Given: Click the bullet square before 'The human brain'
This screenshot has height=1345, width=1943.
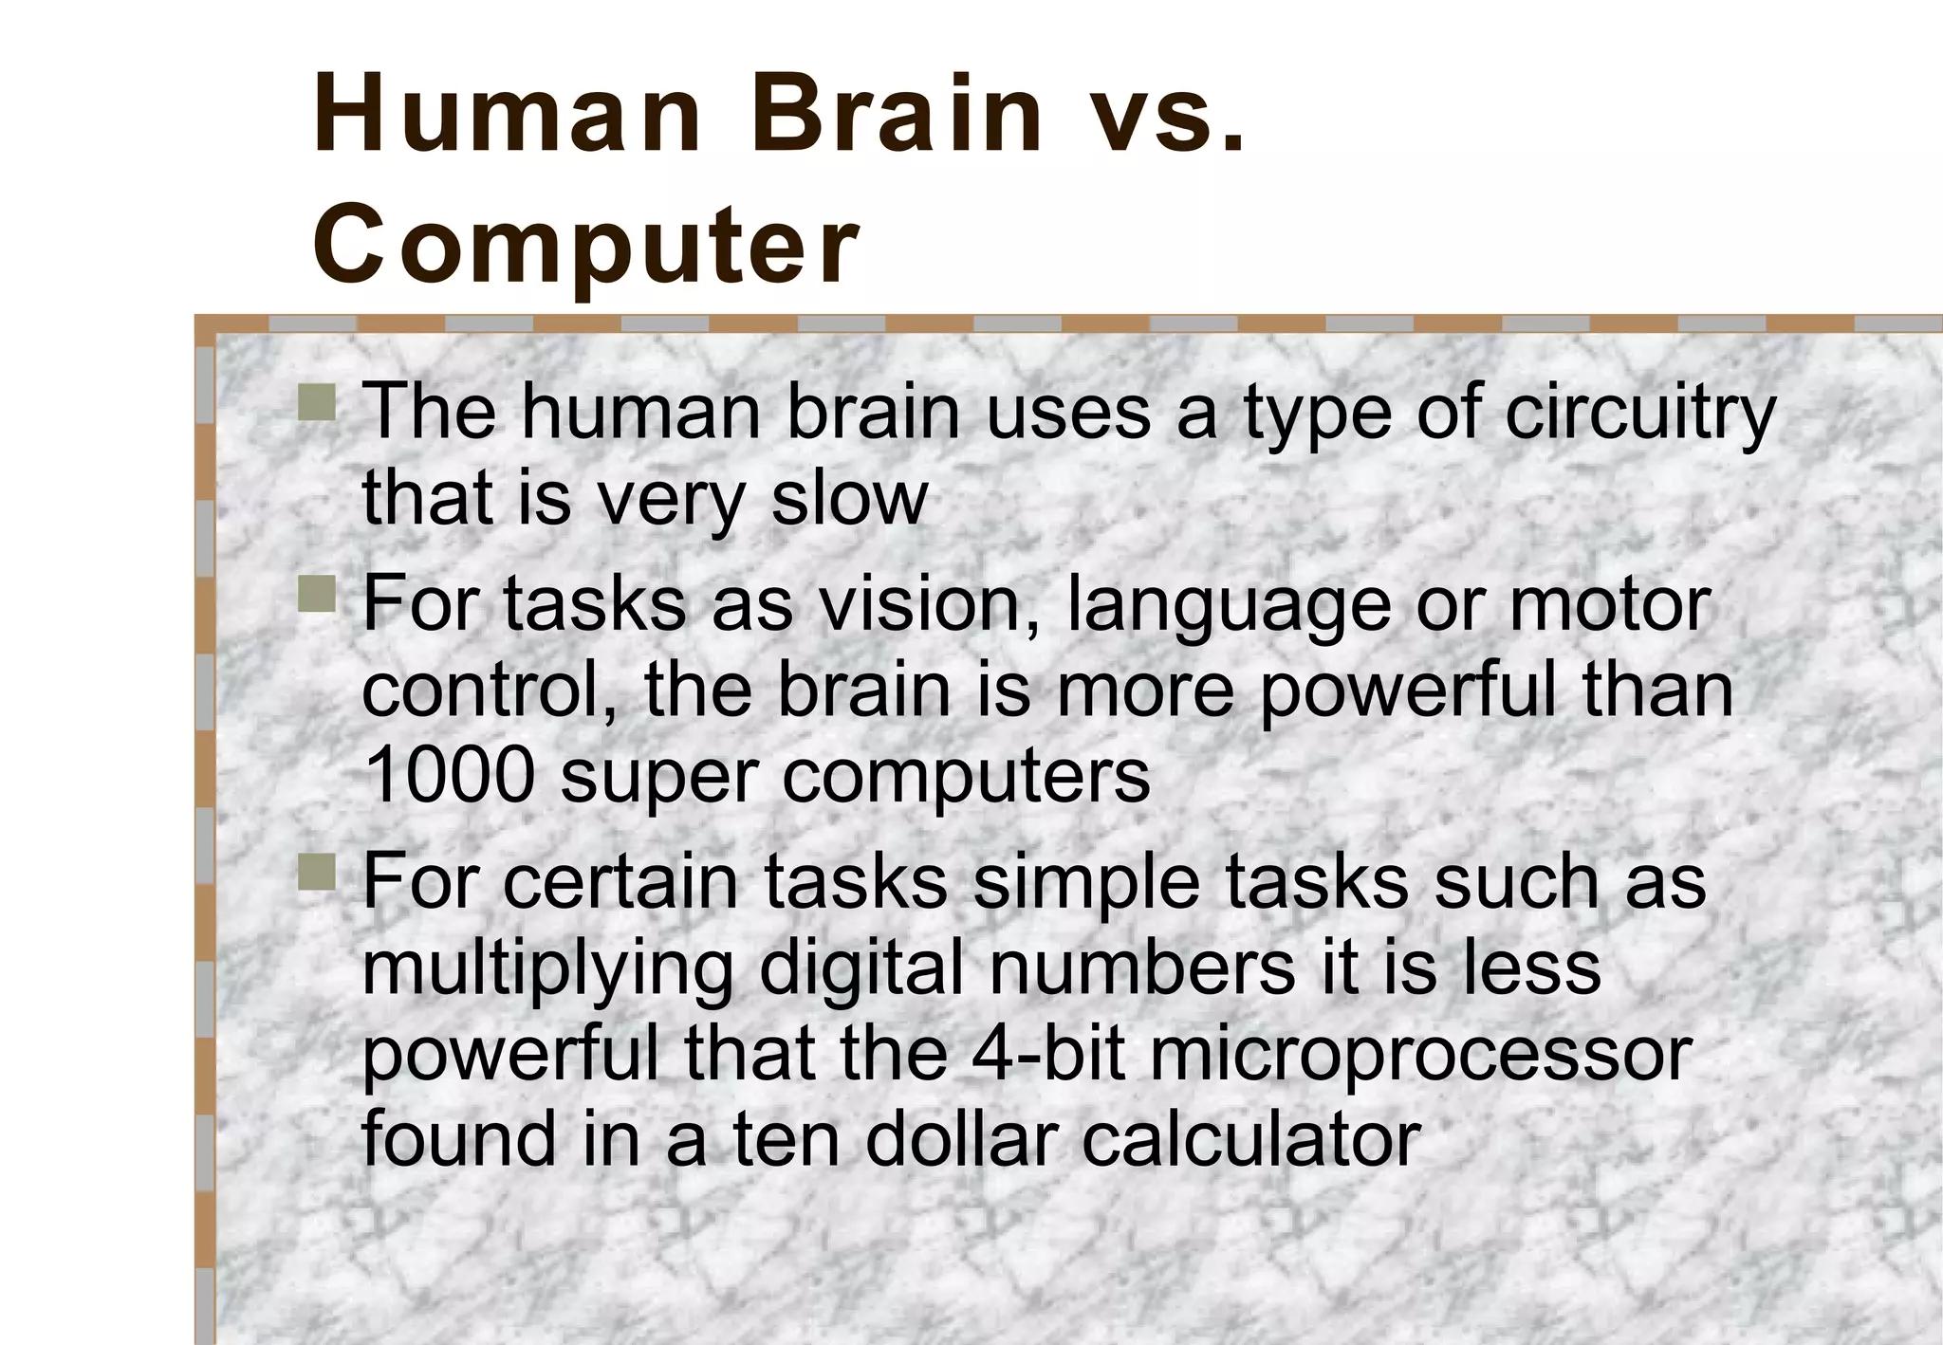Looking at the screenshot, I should point(316,402).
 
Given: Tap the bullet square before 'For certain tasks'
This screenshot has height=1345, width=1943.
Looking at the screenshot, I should point(316,872).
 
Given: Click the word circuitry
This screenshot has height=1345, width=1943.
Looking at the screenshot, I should point(1640,415).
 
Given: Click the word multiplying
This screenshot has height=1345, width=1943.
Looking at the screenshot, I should point(547,970).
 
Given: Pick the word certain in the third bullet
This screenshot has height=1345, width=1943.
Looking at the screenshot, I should point(620,881).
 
